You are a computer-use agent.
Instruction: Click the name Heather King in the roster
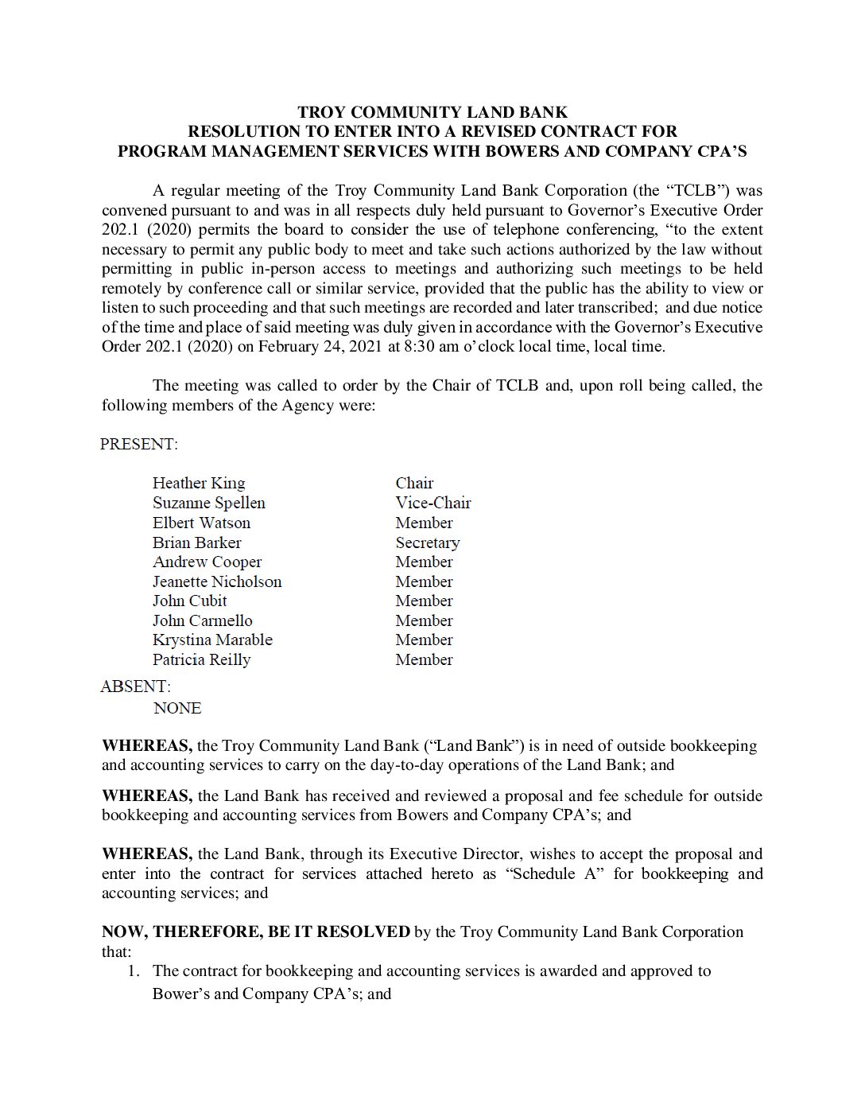(199, 483)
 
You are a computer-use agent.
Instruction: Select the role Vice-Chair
(432, 503)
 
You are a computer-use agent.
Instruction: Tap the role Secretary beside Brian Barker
(427, 542)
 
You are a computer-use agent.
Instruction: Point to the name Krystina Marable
(212, 640)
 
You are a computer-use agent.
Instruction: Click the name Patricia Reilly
(201, 659)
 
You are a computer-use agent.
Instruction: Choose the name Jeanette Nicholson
(217, 581)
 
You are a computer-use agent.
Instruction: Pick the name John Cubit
(189, 601)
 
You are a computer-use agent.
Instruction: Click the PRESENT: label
(139, 444)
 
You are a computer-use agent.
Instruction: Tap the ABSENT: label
(136, 686)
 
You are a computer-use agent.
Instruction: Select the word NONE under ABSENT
(177, 708)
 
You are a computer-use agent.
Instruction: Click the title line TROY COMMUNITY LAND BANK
(432, 112)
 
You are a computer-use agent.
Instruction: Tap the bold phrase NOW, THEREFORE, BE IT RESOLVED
(256, 931)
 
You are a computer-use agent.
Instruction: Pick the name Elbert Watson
(201, 523)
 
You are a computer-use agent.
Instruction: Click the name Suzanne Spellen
(208, 503)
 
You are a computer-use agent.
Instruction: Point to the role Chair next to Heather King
(414, 483)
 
